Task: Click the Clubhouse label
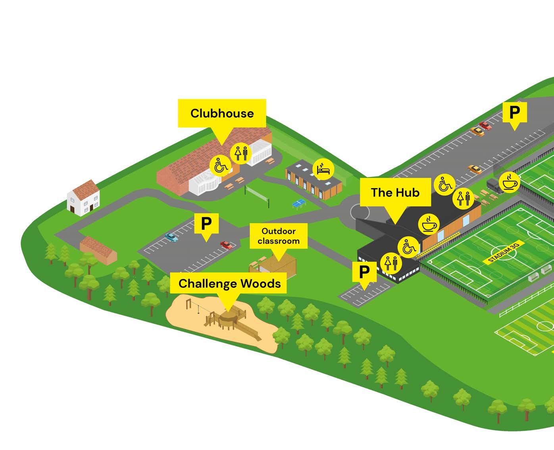(x=222, y=113)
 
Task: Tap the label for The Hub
(x=395, y=192)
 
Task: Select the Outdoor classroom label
(x=278, y=236)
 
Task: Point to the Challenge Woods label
(x=229, y=283)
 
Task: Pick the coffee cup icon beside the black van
(x=510, y=183)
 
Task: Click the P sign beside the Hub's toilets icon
(x=364, y=273)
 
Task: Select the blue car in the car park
(x=171, y=237)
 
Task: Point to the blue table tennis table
(x=298, y=204)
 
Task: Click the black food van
(x=493, y=186)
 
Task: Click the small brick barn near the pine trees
(x=98, y=250)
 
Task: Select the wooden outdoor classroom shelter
(x=275, y=265)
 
